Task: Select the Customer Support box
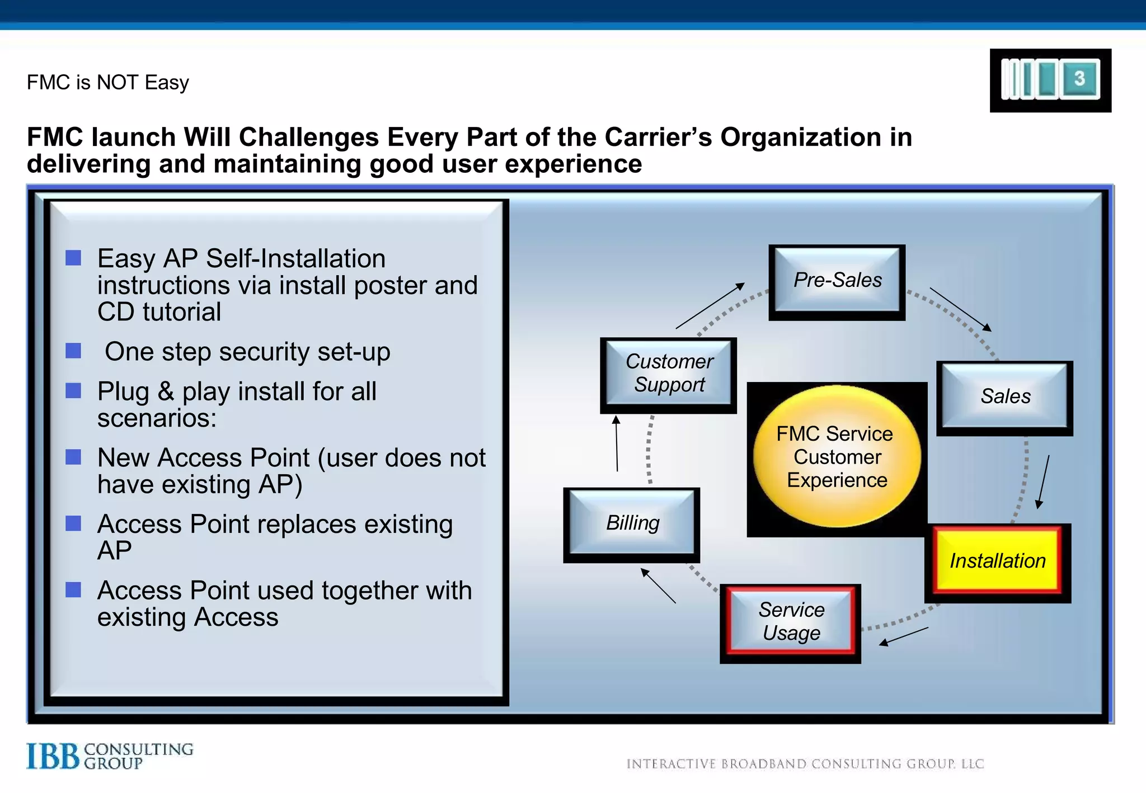pyautogui.click(x=669, y=374)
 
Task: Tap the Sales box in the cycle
pyautogui.click(x=1005, y=396)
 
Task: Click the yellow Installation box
pyautogui.click(x=998, y=561)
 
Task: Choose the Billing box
pyautogui.click(x=632, y=523)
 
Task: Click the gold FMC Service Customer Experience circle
pyautogui.click(x=837, y=456)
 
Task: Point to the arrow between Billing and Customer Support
pyautogui.click(x=617, y=443)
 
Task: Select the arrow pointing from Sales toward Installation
pyautogui.click(x=1043, y=482)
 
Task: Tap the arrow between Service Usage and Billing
pyautogui.click(x=658, y=586)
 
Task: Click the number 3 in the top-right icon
pyautogui.click(x=1079, y=78)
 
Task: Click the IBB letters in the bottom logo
pyautogui.click(x=53, y=756)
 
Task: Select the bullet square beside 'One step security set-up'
pyautogui.click(x=73, y=351)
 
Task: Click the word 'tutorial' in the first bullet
pyautogui.click(x=182, y=312)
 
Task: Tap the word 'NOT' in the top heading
pyautogui.click(x=117, y=83)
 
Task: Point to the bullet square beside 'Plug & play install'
pyautogui.click(x=73, y=390)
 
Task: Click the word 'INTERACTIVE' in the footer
pyautogui.click(x=671, y=764)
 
